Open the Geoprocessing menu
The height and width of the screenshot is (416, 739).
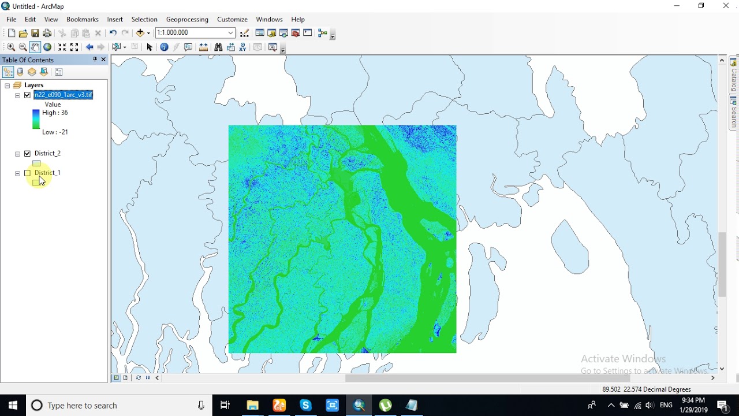[187, 19]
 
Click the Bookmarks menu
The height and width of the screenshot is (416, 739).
[83, 19]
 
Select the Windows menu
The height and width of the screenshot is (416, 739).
[269, 19]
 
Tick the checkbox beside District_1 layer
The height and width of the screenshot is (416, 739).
[27, 173]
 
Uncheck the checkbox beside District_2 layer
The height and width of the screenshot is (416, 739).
[27, 154]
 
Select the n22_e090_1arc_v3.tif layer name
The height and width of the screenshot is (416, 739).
[64, 95]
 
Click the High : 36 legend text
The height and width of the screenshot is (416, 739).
[55, 113]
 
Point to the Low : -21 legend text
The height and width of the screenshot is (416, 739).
[55, 132]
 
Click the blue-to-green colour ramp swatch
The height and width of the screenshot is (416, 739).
[36, 119]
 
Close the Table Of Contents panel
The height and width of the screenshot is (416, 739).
[104, 60]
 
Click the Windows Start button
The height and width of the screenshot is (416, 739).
[13, 405]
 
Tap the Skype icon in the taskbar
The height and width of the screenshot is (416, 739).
[305, 405]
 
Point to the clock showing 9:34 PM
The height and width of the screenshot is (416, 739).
[693, 400]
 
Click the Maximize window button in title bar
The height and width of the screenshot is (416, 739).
[701, 6]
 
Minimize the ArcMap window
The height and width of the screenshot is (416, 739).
[677, 6]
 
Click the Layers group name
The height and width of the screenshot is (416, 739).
[34, 85]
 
